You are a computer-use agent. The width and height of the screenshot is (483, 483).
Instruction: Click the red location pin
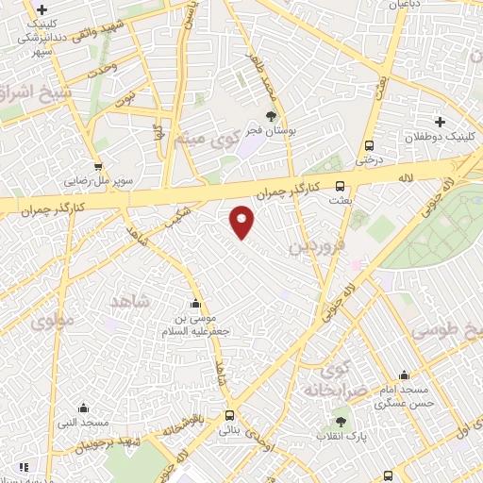coord(242,222)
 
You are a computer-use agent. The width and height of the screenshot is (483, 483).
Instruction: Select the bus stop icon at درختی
coord(369,146)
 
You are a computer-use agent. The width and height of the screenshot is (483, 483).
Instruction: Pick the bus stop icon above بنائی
coord(230,415)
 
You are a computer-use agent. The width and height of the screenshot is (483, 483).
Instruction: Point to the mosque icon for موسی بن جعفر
coord(195,304)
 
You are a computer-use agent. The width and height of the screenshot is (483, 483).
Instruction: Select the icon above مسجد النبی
coord(83,408)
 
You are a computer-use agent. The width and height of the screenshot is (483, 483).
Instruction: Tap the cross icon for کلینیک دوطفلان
coord(440,121)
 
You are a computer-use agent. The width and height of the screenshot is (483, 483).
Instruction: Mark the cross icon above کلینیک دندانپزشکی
coord(42,9)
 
